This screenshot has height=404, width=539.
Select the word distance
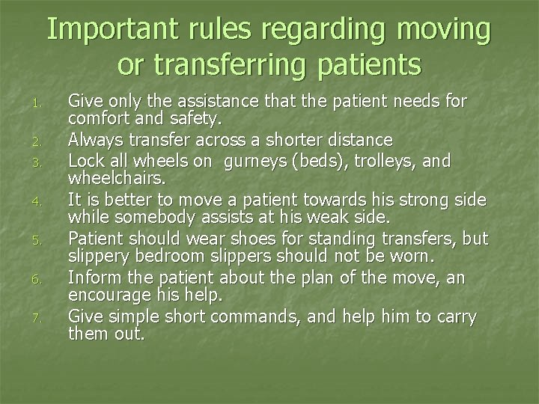coord(353,139)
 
